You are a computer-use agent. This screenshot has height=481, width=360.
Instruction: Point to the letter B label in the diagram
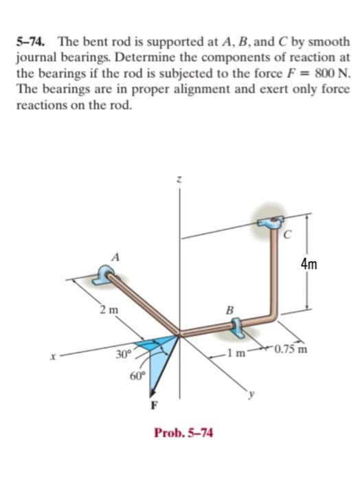[232, 309]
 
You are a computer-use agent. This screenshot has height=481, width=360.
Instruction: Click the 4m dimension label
[327, 265]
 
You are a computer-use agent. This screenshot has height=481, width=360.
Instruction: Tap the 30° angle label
[122, 357]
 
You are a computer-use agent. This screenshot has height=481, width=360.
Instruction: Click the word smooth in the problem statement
[328, 41]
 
